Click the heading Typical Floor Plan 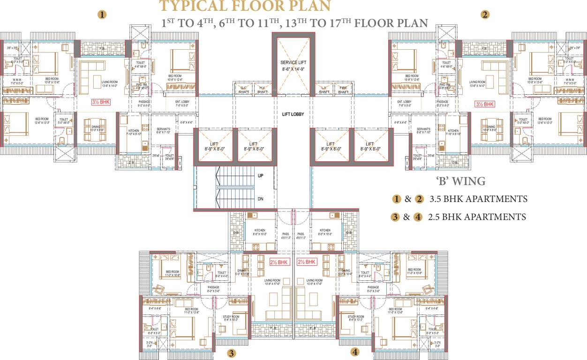tap(245, 6)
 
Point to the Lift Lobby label tap(293, 114)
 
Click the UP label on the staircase tap(261, 175)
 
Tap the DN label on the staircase tap(261, 199)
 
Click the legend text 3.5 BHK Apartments tap(478, 199)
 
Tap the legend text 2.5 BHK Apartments tap(477, 217)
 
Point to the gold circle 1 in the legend tap(397, 199)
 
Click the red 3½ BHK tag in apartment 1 tap(100, 102)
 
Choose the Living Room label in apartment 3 tap(272, 282)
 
